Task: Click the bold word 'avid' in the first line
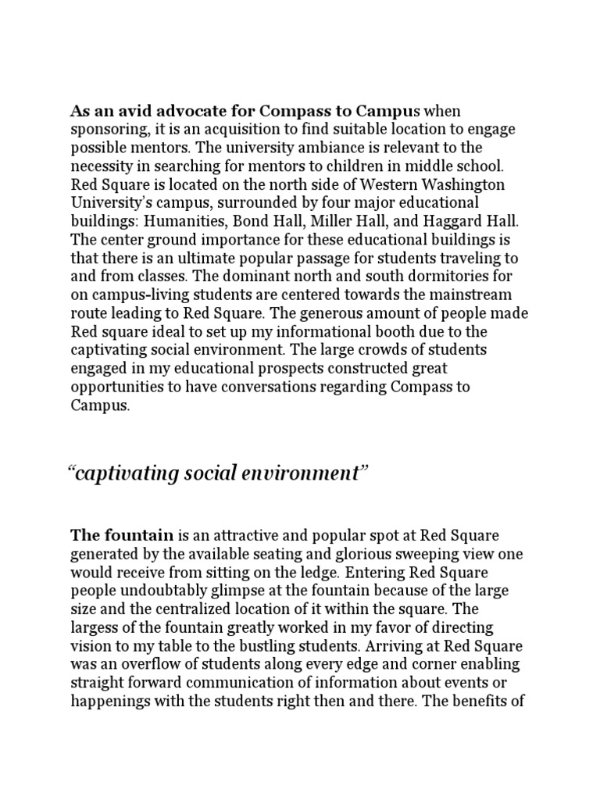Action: (x=122, y=111)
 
